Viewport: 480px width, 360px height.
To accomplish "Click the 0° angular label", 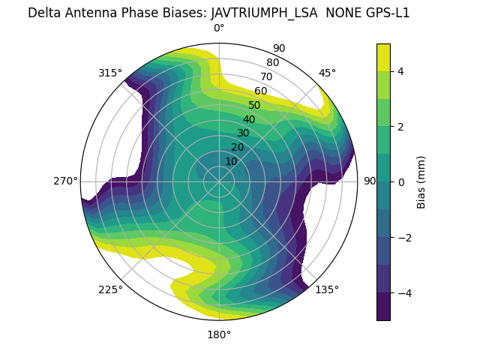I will (x=219, y=28).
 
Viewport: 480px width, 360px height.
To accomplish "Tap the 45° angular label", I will (x=327, y=73).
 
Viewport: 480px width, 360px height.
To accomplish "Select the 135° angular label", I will (x=327, y=289).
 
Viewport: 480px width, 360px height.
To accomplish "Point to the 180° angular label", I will (x=219, y=334).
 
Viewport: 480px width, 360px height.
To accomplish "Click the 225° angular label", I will (x=110, y=289).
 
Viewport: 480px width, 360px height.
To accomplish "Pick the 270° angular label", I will (x=65, y=181).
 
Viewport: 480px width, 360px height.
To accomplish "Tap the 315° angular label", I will (x=110, y=73).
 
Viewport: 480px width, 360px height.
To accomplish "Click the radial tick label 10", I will (x=231, y=161).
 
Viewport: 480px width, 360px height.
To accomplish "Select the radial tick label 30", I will (x=243, y=133).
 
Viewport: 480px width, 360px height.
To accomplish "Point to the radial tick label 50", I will (x=255, y=105).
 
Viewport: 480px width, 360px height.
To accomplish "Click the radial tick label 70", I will (x=267, y=76).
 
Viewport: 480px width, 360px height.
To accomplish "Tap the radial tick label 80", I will (x=273, y=62).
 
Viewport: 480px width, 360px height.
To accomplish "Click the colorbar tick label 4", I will (x=401, y=71).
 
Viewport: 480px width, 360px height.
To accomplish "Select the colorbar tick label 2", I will (x=401, y=127).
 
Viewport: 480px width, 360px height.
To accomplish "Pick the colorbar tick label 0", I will (x=401, y=182).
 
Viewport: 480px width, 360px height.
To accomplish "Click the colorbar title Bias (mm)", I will (x=421, y=182).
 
